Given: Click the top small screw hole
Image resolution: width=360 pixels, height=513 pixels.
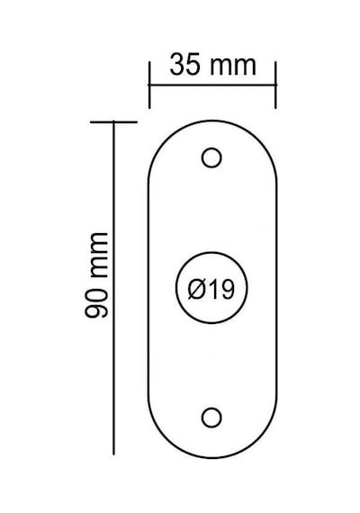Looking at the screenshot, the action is pyautogui.click(x=211, y=157).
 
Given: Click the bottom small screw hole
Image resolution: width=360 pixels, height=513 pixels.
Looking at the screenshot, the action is pyautogui.click(x=211, y=418).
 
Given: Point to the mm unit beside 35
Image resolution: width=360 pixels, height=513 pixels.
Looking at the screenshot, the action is pyautogui.click(x=233, y=67).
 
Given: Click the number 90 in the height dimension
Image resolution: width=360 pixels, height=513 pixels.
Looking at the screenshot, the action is pyautogui.click(x=96, y=303).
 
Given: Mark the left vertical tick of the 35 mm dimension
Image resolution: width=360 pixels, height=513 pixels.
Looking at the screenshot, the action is pyautogui.click(x=149, y=85).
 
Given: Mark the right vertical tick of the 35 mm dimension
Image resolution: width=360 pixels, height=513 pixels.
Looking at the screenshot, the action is pyautogui.click(x=275, y=85).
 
